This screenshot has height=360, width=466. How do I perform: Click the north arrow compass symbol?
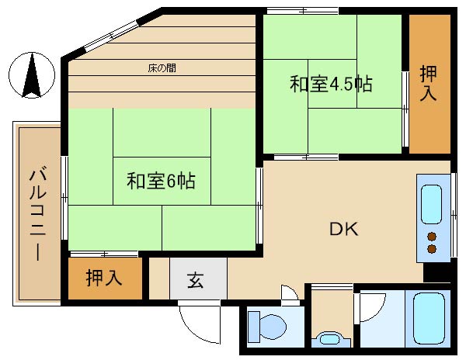pyautogui.click(x=32, y=75)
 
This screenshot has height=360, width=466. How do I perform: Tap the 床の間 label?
pyautogui.click(x=162, y=68)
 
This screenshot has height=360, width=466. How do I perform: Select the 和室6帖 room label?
pyautogui.click(x=161, y=181)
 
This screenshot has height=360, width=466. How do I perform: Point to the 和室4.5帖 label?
pyautogui.click(x=331, y=84)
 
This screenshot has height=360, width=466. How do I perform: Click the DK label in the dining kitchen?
pyautogui.click(x=344, y=229)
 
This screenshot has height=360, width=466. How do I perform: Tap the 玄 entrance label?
pyautogui.click(x=195, y=280)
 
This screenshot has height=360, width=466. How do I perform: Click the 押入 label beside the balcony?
pyautogui.click(x=104, y=278)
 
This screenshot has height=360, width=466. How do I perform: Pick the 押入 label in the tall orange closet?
pyautogui.click(x=428, y=83)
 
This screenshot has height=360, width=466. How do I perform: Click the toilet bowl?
pyautogui.click(x=267, y=326)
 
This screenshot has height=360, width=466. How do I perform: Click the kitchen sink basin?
pyautogui.click(x=431, y=204)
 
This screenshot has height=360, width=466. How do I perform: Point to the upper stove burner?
pyautogui.click(x=432, y=237)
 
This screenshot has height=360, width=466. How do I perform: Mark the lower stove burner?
pyautogui.click(x=432, y=249)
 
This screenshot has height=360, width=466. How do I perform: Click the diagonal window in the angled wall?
pyautogui.click(x=111, y=36)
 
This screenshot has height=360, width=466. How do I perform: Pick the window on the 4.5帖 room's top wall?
pyautogui.click(x=303, y=12)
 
